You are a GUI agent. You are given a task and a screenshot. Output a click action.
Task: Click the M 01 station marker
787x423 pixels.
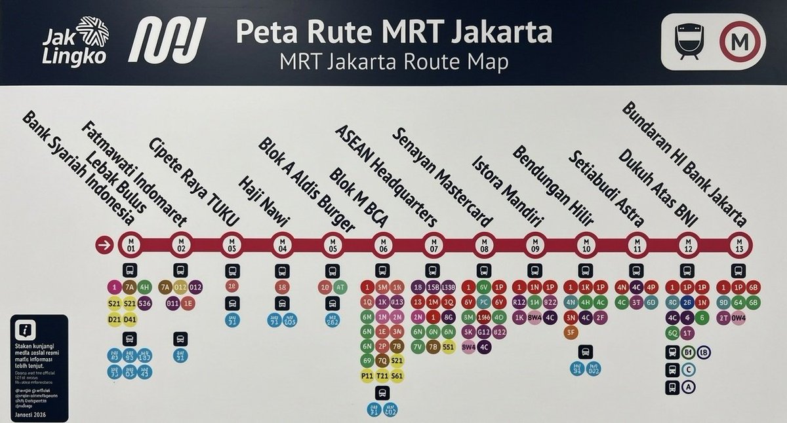click(x=130, y=245)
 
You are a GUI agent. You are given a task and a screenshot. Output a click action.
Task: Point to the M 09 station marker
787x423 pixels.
click(x=535, y=245)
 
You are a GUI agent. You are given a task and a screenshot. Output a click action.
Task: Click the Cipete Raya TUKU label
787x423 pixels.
click(x=193, y=181)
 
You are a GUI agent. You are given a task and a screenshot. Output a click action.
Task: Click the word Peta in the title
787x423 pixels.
click(x=265, y=31)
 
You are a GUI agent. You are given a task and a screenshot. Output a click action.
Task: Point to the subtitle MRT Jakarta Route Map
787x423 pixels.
click(x=393, y=63)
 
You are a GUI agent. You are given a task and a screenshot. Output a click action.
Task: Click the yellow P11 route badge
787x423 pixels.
click(x=368, y=376)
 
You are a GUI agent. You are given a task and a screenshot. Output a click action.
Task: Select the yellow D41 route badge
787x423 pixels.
click(x=130, y=319)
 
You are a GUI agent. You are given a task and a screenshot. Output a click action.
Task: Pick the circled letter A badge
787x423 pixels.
click(x=688, y=388)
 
